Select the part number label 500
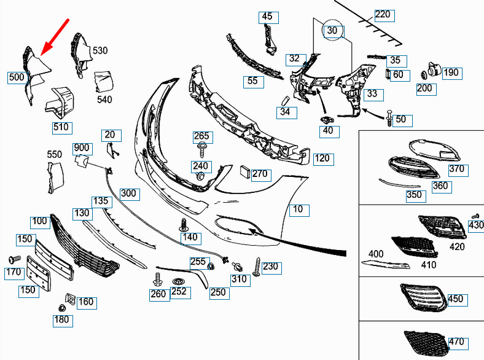pos(17,77)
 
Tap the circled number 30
pos(332,30)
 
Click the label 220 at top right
pos(382,14)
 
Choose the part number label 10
pos(297,209)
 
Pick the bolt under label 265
pos(201,148)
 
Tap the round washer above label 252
pos(179,282)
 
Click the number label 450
pos(456,299)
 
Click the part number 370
pos(458,170)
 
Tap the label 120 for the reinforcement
pos(322,158)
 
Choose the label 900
pos(82,148)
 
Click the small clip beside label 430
pos(474,216)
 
